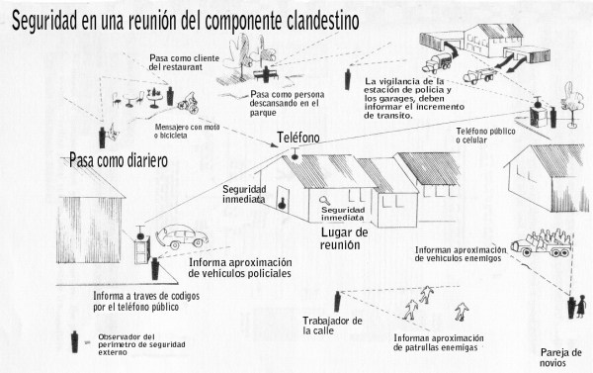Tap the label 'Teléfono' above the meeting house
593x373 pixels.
click(x=298, y=138)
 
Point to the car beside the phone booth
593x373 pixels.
click(x=182, y=236)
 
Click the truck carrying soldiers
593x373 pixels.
click(x=542, y=242)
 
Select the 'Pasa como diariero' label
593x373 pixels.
click(x=119, y=161)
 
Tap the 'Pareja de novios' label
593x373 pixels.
click(x=560, y=357)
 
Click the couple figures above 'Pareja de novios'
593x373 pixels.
click(x=577, y=307)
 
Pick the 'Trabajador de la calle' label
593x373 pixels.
click(x=332, y=326)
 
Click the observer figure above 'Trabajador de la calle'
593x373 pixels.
click(x=337, y=302)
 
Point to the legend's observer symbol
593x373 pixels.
click(x=74, y=342)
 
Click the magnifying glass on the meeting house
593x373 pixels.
click(x=324, y=200)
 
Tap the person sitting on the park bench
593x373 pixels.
click(x=266, y=73)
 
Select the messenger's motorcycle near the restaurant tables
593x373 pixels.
click(x=189, y=103)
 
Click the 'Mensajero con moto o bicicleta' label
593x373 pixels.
click(x=187, y=131)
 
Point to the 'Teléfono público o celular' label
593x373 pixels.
click(x=485, y=136)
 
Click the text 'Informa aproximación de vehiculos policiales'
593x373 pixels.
click(x=240, y=268)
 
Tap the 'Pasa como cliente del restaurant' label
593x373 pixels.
click(x=184, y=62)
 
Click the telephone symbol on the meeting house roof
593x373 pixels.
click(x=295, y=153)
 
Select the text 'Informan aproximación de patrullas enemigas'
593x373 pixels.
click(x=438, y=342)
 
